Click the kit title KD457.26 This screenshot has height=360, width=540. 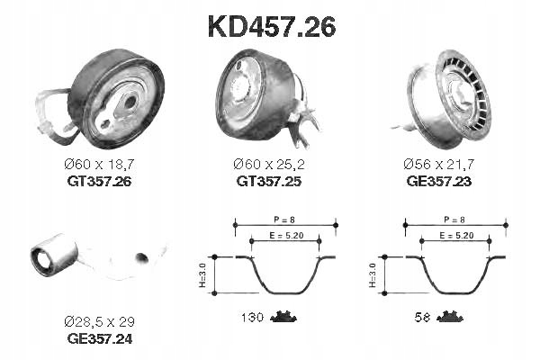271,27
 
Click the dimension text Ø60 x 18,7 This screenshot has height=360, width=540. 100,164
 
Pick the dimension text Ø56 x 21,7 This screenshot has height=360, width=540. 440,164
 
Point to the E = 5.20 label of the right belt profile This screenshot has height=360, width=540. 456,235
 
